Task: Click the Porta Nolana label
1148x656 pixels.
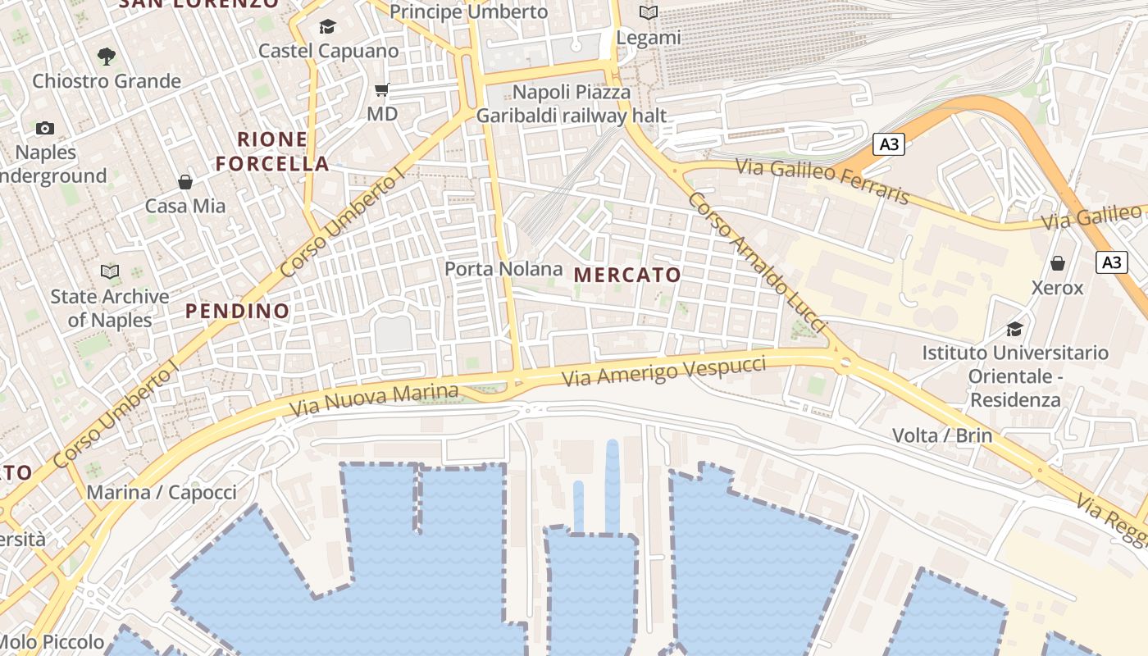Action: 503,269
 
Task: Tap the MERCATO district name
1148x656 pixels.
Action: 627,276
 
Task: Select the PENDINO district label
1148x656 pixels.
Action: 237,312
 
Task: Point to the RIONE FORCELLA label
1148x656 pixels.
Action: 273,152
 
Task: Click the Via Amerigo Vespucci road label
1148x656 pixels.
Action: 664,371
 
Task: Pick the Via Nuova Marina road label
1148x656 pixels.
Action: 374,399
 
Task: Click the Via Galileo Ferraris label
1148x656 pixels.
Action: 822,180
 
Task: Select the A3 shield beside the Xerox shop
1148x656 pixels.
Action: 1111,262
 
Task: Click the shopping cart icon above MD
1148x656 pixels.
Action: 381,90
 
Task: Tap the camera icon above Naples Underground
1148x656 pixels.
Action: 45,129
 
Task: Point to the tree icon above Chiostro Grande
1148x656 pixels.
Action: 106,57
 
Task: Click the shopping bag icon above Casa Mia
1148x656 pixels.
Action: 185,182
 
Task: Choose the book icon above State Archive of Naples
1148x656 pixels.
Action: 109,271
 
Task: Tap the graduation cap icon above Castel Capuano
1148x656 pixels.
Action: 327,27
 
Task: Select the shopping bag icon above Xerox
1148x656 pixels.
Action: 1058,264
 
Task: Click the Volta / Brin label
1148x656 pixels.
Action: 941,435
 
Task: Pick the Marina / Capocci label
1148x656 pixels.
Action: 162,493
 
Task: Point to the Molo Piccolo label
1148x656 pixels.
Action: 52,642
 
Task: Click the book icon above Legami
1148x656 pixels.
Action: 649,13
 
